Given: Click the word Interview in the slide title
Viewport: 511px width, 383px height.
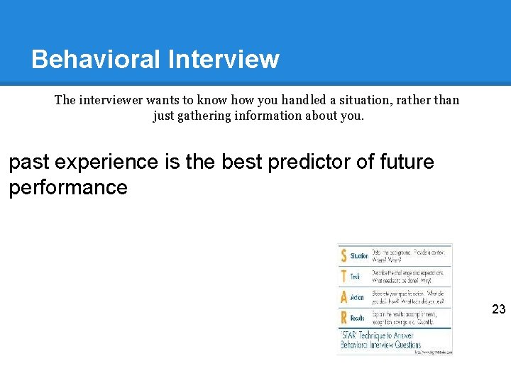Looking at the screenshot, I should tap(224, 59).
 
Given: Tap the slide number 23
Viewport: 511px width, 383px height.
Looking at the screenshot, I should tap(498, 309).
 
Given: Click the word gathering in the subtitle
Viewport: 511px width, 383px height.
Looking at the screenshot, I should tap(203, 116).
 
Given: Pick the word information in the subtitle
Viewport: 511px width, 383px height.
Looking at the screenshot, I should tap(268, 116).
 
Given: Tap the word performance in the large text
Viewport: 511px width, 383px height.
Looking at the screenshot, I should tap(68, 187).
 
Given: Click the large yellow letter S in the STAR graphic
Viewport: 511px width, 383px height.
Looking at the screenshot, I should tap(344, 255).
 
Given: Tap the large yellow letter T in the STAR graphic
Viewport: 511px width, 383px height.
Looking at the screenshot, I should tap(344, 276).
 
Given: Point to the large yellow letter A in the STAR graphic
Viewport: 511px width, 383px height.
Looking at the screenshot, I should tap(344, 297).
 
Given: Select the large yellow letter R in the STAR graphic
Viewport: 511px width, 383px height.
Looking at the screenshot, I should tap(344, 318).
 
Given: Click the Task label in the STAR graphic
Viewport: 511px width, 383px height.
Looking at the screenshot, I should tap(356, 277).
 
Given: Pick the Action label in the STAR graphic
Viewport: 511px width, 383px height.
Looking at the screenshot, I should tap(358, 298).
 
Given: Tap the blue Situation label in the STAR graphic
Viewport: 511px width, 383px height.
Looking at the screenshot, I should tap(360, 256).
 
